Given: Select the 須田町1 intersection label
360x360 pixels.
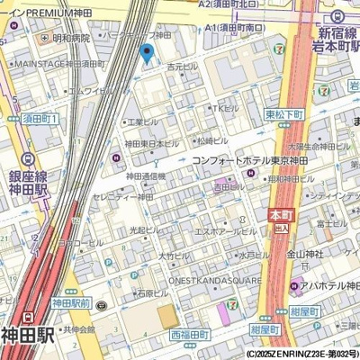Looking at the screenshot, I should [40, 119].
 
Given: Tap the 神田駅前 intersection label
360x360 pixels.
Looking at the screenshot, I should [72, 302].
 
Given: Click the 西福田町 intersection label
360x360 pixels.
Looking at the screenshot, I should [195, 334].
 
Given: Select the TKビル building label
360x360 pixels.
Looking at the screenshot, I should [225, 109].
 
